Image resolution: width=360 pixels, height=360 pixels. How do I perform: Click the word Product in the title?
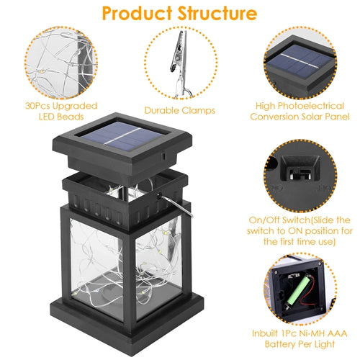pos(137,13)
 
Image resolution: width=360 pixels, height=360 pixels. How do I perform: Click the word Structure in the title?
pos(217,13)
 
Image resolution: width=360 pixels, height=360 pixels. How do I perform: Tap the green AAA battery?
pos(297,291)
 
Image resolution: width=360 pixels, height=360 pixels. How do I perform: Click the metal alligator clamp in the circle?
pos(181,63)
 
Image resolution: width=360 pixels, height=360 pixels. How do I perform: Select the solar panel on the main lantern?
pos(122,136)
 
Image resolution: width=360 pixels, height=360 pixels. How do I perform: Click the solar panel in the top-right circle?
pos(300,61)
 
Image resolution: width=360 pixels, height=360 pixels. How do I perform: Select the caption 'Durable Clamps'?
pos(180,110)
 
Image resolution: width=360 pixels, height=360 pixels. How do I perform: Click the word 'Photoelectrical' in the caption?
pos(311,106)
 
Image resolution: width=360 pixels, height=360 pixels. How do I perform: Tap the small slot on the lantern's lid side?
pos(163,156)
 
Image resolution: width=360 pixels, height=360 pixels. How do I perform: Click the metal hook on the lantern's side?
pos(176,206)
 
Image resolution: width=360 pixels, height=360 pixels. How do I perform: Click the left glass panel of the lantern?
pos(96,268)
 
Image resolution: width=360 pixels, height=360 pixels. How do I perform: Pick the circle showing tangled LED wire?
pos(61,63)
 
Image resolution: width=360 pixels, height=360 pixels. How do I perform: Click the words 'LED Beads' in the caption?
pos(61,117)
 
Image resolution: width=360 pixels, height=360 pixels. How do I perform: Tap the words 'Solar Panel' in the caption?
pos(325,117)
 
